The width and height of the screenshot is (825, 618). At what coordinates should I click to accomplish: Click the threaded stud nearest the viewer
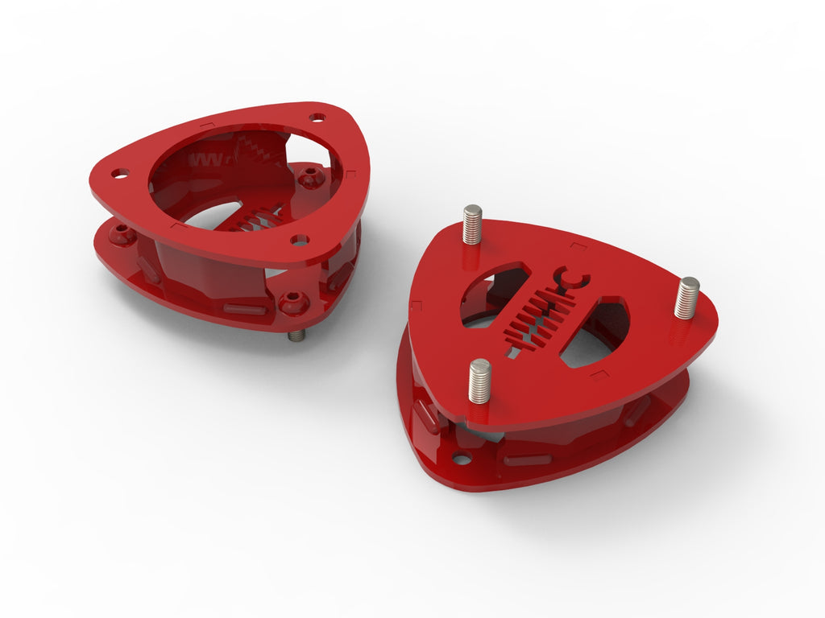coord(479,381)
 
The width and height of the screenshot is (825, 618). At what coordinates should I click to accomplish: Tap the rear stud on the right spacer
coord(472,224)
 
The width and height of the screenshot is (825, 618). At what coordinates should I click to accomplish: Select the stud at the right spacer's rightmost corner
coord(687,297)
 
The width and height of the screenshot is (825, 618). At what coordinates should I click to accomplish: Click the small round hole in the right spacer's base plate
coord(461,459)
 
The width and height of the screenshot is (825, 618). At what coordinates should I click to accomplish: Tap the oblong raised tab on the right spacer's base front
coord(528,460)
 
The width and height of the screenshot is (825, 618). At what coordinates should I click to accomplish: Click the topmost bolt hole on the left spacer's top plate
coord(317,117)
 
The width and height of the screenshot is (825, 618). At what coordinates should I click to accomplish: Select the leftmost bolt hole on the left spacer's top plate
coord(120,173)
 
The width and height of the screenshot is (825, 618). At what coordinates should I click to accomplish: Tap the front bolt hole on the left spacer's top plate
coord(300,240)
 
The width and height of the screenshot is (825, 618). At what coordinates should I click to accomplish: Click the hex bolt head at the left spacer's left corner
coord(122,236)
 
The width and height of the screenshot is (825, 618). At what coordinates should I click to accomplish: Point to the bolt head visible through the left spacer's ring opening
coord(311,179)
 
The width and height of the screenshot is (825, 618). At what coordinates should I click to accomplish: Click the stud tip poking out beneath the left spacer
coord(296,335)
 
